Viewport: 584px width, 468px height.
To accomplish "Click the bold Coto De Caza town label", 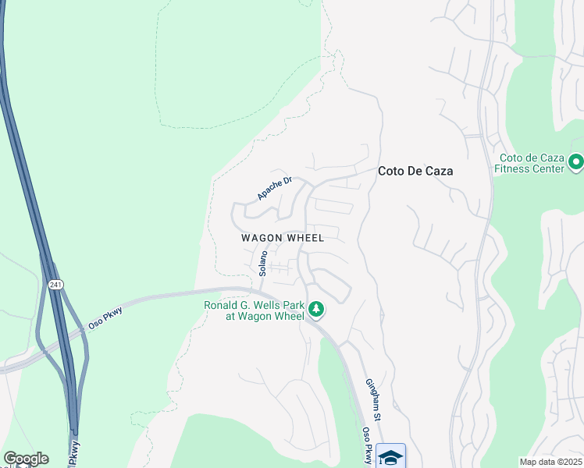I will point(415,171).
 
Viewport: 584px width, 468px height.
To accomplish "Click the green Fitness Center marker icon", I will point(576,162).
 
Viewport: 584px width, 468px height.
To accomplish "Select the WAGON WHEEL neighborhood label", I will point(283,238).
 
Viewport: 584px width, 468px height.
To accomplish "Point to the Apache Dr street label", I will point(274,188).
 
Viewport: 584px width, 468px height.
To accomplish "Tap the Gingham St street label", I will point(374,400).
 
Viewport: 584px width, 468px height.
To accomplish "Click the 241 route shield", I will point(55,285).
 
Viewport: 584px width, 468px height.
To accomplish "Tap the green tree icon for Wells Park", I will point(316,310).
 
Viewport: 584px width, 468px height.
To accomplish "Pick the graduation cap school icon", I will point(390,456).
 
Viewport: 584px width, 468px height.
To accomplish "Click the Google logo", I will point(26,459).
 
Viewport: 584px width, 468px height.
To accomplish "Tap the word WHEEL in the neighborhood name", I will point(306,238).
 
